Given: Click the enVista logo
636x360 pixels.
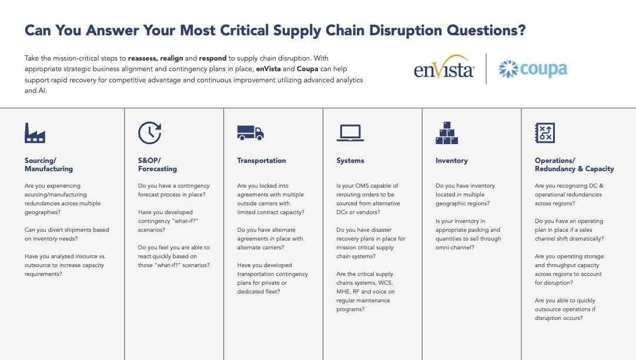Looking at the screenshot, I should (x=444, y=69).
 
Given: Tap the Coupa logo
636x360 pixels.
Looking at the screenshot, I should (x=533, y=69).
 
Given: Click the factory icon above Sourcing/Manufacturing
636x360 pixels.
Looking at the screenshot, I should (x=35, y=133).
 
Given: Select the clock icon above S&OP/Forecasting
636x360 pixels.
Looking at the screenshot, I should (x=149, y=133).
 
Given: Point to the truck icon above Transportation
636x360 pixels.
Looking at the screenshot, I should (x=250, y=133).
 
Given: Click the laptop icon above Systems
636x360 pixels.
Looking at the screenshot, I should (x=350, y=133).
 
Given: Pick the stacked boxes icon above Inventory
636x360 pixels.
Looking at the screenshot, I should (x=447, y=133).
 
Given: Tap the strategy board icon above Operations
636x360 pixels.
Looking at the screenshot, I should (x=545, y=133).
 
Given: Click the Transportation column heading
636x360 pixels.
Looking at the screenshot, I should (x=262, y=161).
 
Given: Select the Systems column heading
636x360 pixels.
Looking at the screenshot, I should (x=350, y=161).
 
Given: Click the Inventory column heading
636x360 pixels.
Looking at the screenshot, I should (x=451, y=161).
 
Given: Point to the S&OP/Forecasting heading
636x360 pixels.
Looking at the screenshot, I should (x=158, y=165).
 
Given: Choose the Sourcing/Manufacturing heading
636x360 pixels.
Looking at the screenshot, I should (x=49, y=165).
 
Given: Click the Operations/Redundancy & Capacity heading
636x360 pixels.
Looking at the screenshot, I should (x=574, y=165).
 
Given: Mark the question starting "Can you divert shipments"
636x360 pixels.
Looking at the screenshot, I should (x=66, y=234).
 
